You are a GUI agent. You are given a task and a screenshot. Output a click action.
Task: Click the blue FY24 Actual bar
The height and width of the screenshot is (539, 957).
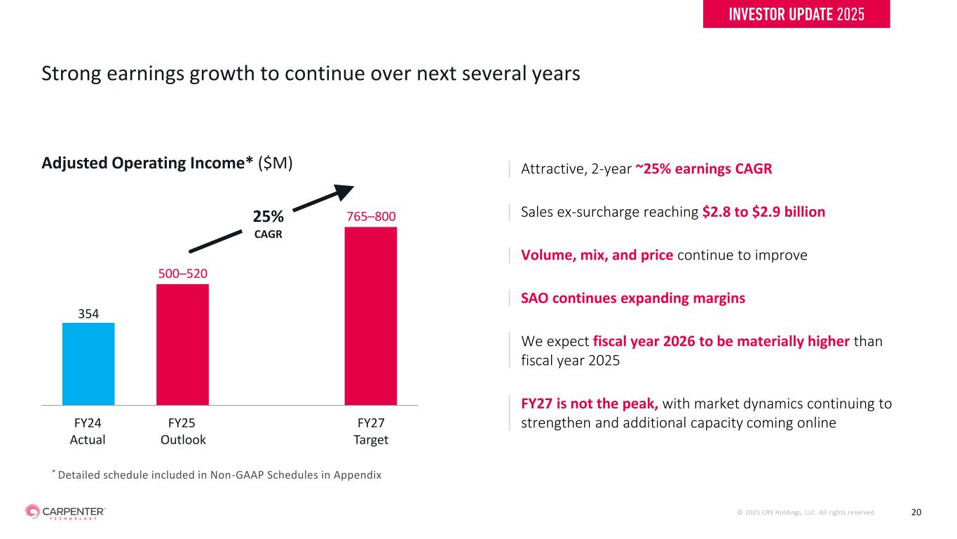[88, 364]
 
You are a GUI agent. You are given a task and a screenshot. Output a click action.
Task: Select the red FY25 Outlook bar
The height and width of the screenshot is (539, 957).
[182, 344]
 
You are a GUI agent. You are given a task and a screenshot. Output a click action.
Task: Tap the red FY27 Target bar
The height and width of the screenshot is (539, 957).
[370, 316]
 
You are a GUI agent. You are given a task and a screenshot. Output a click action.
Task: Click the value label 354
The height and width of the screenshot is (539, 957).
[88, 313]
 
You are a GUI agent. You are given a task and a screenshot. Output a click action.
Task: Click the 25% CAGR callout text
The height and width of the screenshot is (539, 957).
[268, 223]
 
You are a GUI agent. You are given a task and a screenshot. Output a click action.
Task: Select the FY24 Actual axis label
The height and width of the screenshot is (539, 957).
[88, 432]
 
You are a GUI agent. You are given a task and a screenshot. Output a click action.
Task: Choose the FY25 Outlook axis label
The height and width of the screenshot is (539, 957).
[183, 432]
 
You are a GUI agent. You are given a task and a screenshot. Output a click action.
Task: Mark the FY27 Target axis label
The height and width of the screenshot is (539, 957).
[371, 432]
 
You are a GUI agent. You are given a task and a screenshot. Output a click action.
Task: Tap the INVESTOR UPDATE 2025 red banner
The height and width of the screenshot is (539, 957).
[796, 14]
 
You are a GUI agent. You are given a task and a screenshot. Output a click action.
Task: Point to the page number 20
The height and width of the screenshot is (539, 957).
[916, 512]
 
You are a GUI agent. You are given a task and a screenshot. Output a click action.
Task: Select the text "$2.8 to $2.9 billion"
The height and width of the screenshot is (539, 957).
[763, 211]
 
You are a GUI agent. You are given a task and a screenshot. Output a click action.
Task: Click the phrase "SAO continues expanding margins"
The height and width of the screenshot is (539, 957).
[633, 298]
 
